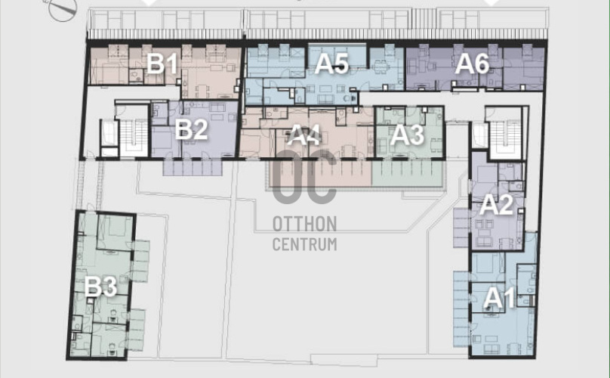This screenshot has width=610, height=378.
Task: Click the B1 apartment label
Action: tap(162, 64)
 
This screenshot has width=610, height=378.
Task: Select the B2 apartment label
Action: tap(191, 129)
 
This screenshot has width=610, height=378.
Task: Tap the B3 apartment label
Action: tap(100, 287)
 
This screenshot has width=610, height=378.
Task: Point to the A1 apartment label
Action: tap(499, 299)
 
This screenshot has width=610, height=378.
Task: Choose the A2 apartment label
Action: tap(496, 204)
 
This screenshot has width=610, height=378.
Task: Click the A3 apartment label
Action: tap(407, 135)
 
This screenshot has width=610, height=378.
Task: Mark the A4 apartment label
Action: tap(303, 135)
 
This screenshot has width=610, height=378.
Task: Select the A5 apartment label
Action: tap(332, 64)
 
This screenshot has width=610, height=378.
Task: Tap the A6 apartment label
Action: tap(472, 64)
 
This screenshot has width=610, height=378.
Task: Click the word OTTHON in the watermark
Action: tap(304, 224)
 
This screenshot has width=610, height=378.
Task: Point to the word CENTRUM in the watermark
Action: tap(304, 244)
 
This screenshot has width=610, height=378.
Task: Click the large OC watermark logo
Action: tap(304, 176)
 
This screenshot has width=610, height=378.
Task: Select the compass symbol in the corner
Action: tap(63, 10)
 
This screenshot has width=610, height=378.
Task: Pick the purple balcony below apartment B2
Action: tap(193, 168)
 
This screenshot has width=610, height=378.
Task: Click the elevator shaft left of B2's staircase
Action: tap(109, 138)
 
